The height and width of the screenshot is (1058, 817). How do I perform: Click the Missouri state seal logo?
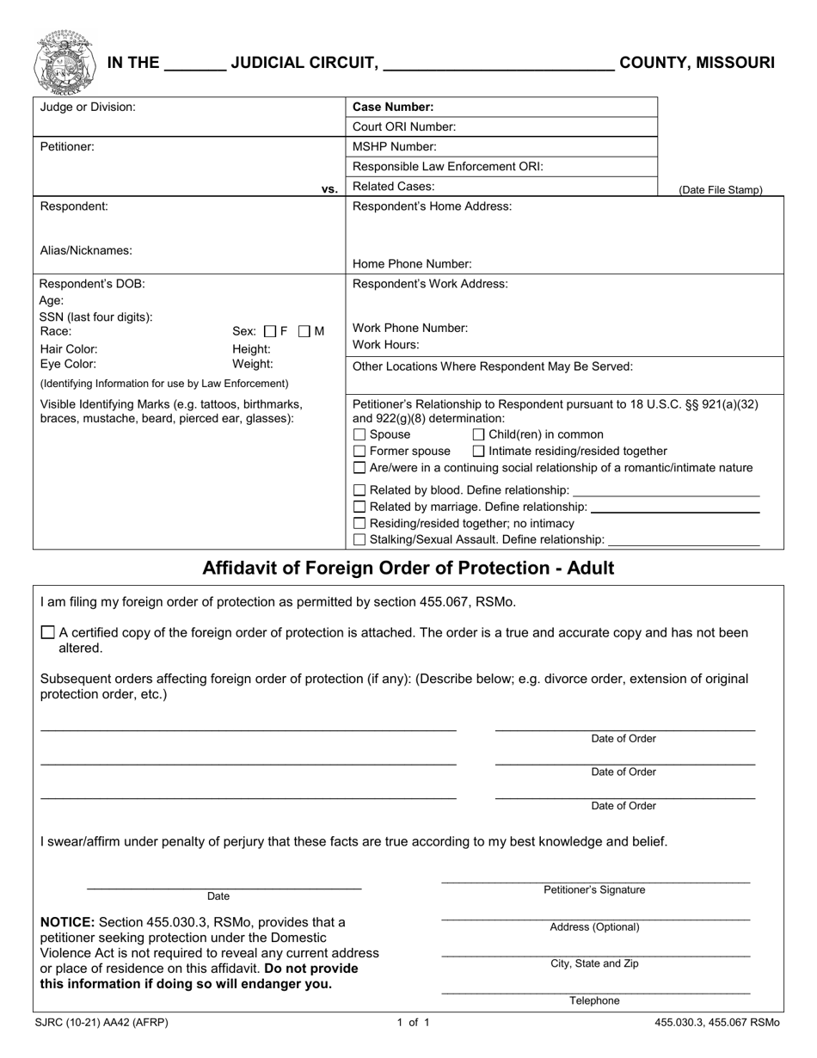click(64, 63)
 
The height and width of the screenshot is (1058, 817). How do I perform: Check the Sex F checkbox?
click(270, 331)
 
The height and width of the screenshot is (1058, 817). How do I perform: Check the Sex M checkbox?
click(304, 331)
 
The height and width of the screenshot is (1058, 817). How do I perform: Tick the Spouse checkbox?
click(360, 434)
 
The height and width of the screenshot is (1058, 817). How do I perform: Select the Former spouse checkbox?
click(360, 451)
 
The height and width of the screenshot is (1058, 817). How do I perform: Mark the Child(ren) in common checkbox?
click(479, 434)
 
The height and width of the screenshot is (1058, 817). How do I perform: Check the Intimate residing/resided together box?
click(479, 451)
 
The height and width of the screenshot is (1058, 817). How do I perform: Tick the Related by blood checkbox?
click(360, 490)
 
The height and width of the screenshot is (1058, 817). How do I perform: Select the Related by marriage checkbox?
click(360, 507)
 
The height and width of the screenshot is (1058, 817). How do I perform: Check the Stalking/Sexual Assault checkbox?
click(360, 539)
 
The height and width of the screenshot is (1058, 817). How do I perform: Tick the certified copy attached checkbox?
click(48, 632)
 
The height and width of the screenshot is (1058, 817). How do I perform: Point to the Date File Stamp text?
click(720, 190)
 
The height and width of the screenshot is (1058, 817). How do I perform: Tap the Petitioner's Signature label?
click(594, 890)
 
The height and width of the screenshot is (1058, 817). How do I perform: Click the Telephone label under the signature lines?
click(594, 1000)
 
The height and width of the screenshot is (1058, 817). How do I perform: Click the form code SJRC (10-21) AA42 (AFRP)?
click(102, 1023)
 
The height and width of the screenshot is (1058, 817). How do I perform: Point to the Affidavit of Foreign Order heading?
click(408, 568)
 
